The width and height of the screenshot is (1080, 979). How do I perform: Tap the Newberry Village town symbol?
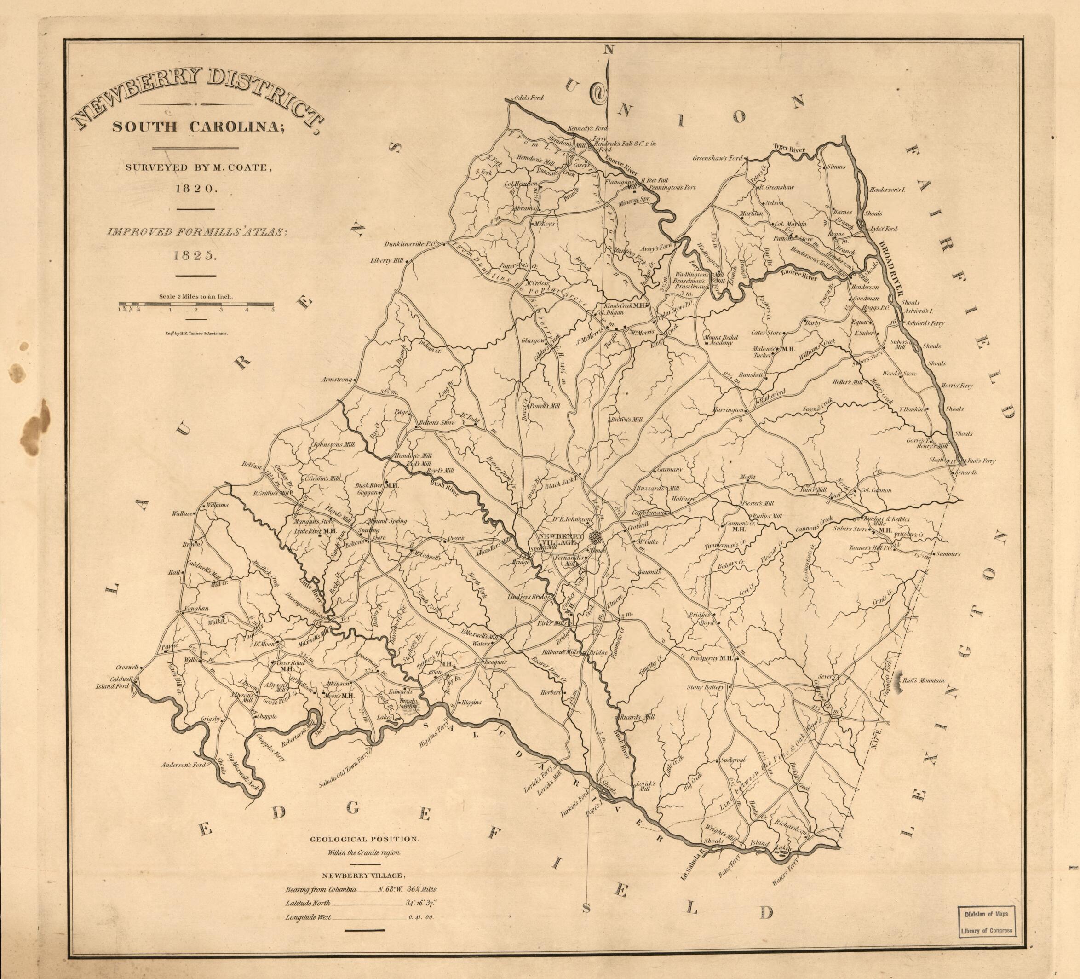(x=594, y=536)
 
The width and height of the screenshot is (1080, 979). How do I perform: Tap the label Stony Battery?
(x=706, y=686)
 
